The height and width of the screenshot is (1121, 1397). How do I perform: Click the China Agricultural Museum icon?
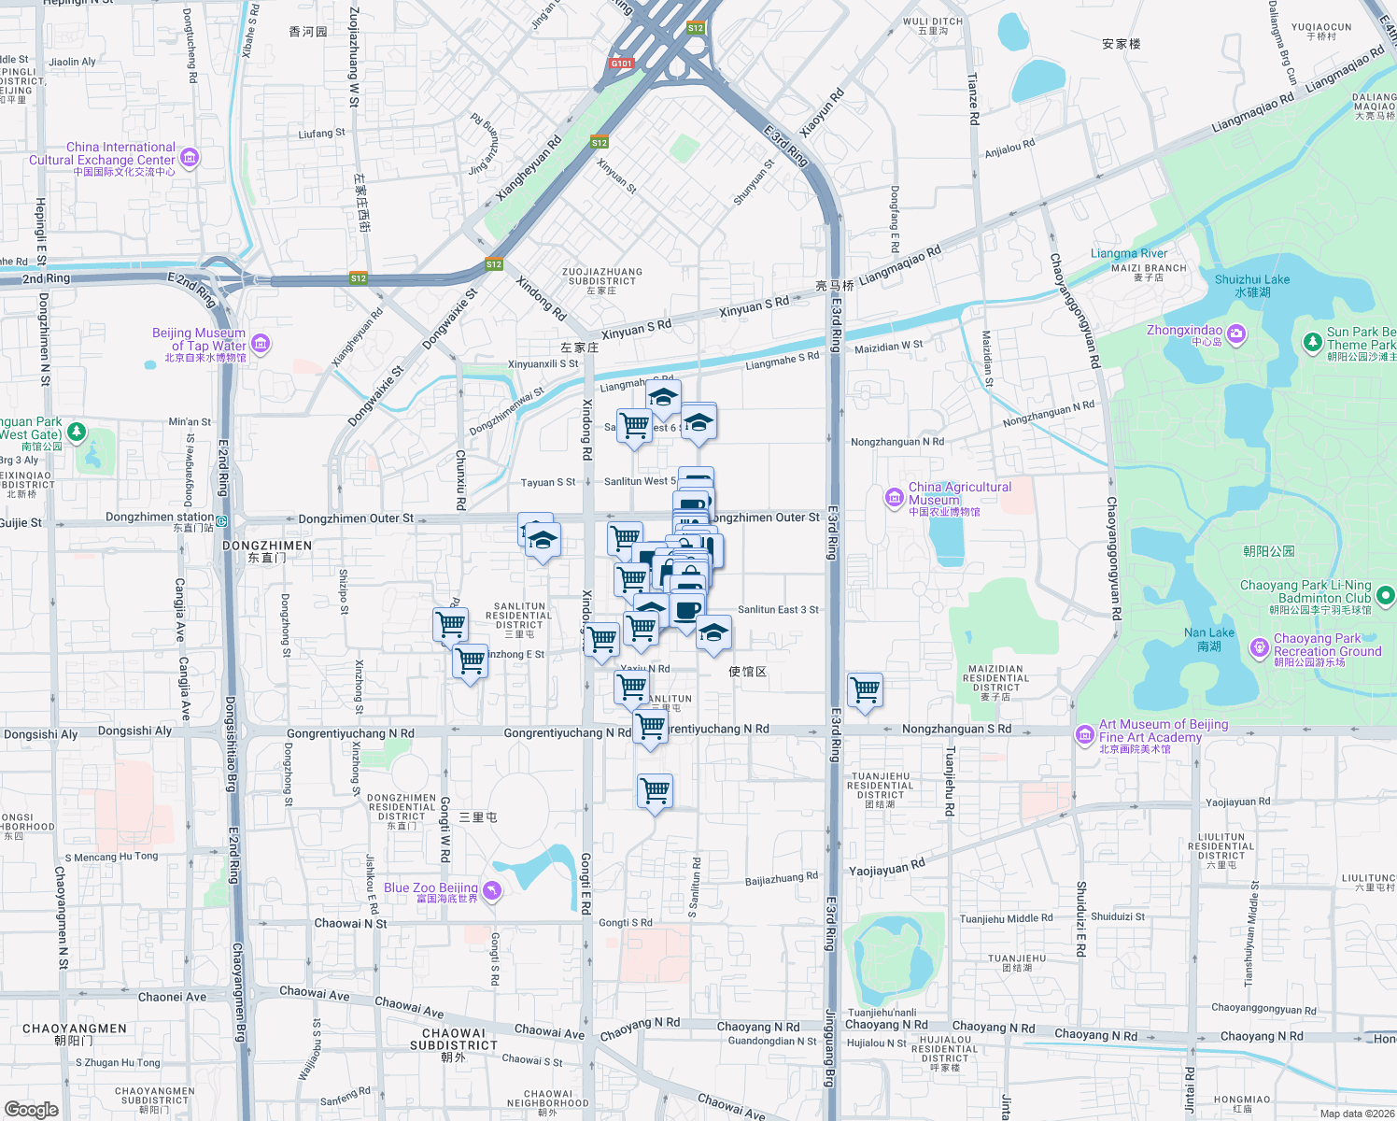pos(894,497)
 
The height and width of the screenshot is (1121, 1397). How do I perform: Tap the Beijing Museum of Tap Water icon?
pos(261,345)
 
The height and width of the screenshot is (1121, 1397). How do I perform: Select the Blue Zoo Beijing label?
pos(430,888)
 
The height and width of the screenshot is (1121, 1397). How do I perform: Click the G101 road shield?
pos(621,64)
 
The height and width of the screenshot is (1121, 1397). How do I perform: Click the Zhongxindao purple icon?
pos(1236,333)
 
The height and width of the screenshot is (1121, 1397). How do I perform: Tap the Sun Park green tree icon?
pos(1312,343)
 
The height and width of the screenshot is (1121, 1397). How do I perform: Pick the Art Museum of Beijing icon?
pos(1084,735)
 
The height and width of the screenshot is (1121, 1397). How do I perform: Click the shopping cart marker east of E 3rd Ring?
pos(866,690)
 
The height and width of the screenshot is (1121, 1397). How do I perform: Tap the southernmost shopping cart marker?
pos(655,790)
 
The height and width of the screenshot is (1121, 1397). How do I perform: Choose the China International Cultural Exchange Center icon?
pos(190,157)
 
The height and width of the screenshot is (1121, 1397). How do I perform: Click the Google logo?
pos(32,1109)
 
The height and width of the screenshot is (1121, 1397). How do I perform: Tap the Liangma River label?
pos(1128,254)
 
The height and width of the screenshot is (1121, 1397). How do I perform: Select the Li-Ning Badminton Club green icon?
pos(1385,594)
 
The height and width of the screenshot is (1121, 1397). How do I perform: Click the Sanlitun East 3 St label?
pos(778,610)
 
